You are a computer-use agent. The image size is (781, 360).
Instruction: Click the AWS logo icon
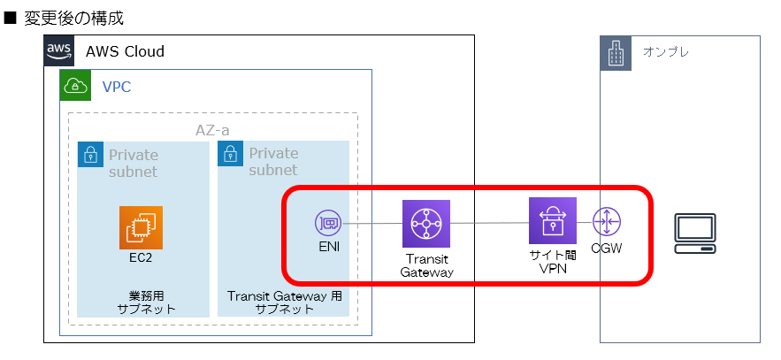tap(59, 51)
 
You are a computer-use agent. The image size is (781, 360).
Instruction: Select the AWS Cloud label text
tap(125, 51)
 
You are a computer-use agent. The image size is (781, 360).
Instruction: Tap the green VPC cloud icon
tap(75, 86)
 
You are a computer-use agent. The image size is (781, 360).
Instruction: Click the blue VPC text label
tap(117, 86)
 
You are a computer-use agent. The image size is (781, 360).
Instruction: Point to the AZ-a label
tap(212, 130)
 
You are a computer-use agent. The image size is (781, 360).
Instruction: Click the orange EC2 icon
tap(142, 227)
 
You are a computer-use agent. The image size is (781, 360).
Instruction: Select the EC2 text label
tap(142, 257)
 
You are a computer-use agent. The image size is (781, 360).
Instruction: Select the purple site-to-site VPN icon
tap(553, 220)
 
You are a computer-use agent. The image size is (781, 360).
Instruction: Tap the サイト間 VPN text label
tap(553, 261)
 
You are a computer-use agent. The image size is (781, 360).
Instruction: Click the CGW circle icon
tap(607, 220)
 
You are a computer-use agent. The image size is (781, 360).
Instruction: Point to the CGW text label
tap(607, 249)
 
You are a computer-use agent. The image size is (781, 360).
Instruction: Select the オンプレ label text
tap(665, 52)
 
